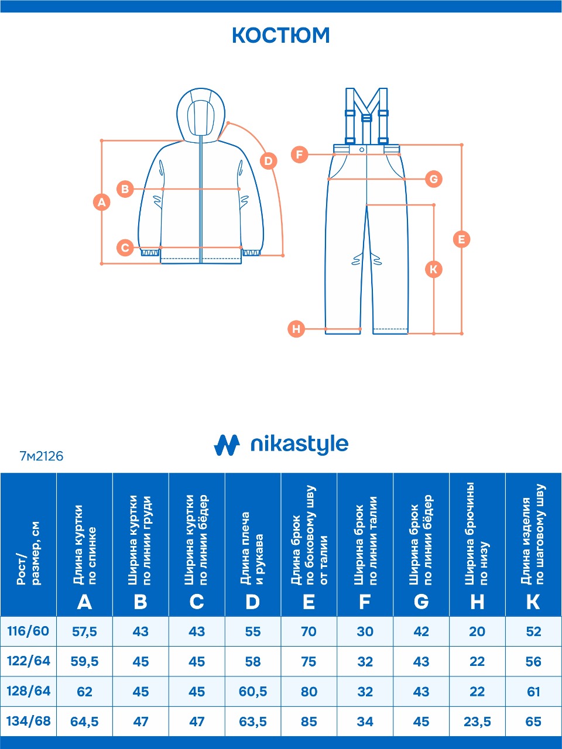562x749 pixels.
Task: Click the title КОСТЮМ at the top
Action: (281, 35)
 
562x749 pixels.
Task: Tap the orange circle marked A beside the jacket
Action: (102, 202)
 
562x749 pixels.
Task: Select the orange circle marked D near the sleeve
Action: (269, 161)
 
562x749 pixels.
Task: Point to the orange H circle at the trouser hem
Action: (296, 329)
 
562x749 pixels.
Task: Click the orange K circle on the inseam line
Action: (434, 269)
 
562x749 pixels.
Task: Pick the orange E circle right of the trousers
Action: (462, 239)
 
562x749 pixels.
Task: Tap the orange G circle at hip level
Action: (434, 179)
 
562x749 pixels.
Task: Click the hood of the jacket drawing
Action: (201, 114)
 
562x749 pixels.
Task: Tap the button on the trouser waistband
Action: (362, 149)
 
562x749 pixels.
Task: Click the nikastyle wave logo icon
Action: (227, 445)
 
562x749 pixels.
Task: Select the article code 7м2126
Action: (42, 456)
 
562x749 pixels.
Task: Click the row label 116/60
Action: (28, 631)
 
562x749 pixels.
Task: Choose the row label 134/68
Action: (28, 721)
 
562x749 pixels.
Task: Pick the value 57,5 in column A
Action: (85, 631)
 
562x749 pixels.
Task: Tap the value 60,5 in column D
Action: (253, 692)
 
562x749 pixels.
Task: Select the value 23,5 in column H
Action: (477, 721)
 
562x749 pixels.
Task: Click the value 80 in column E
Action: (309, 692)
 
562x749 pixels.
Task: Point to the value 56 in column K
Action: (533, 662)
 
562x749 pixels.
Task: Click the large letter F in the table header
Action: (365, 602)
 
